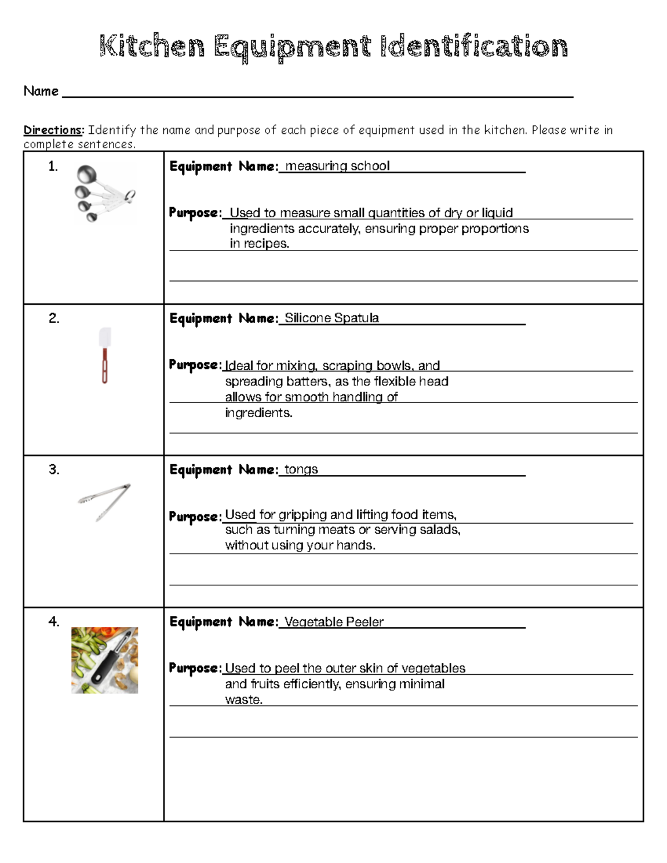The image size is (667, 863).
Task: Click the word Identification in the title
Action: [474, 46]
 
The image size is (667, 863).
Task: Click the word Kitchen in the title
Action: [152, 46]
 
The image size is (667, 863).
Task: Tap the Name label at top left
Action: [41, 91]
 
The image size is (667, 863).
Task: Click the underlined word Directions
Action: [53, 130]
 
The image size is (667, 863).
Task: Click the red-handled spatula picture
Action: [104, 355]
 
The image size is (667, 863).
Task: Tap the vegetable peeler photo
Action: [104, 660]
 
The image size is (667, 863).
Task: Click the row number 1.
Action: [53, 166]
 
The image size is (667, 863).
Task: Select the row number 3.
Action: [53, 470]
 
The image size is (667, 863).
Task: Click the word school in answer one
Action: [370, 166]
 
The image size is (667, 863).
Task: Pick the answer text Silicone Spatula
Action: [331, 318]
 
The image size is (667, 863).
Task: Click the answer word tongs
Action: [301, 469]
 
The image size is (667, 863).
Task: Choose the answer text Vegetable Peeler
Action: [333, 622]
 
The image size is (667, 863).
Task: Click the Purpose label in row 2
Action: [195, 365]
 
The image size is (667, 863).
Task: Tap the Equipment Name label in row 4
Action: [223, 622]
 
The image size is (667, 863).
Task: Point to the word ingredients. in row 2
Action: [258, 413]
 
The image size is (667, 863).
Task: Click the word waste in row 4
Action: [243, 700]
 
